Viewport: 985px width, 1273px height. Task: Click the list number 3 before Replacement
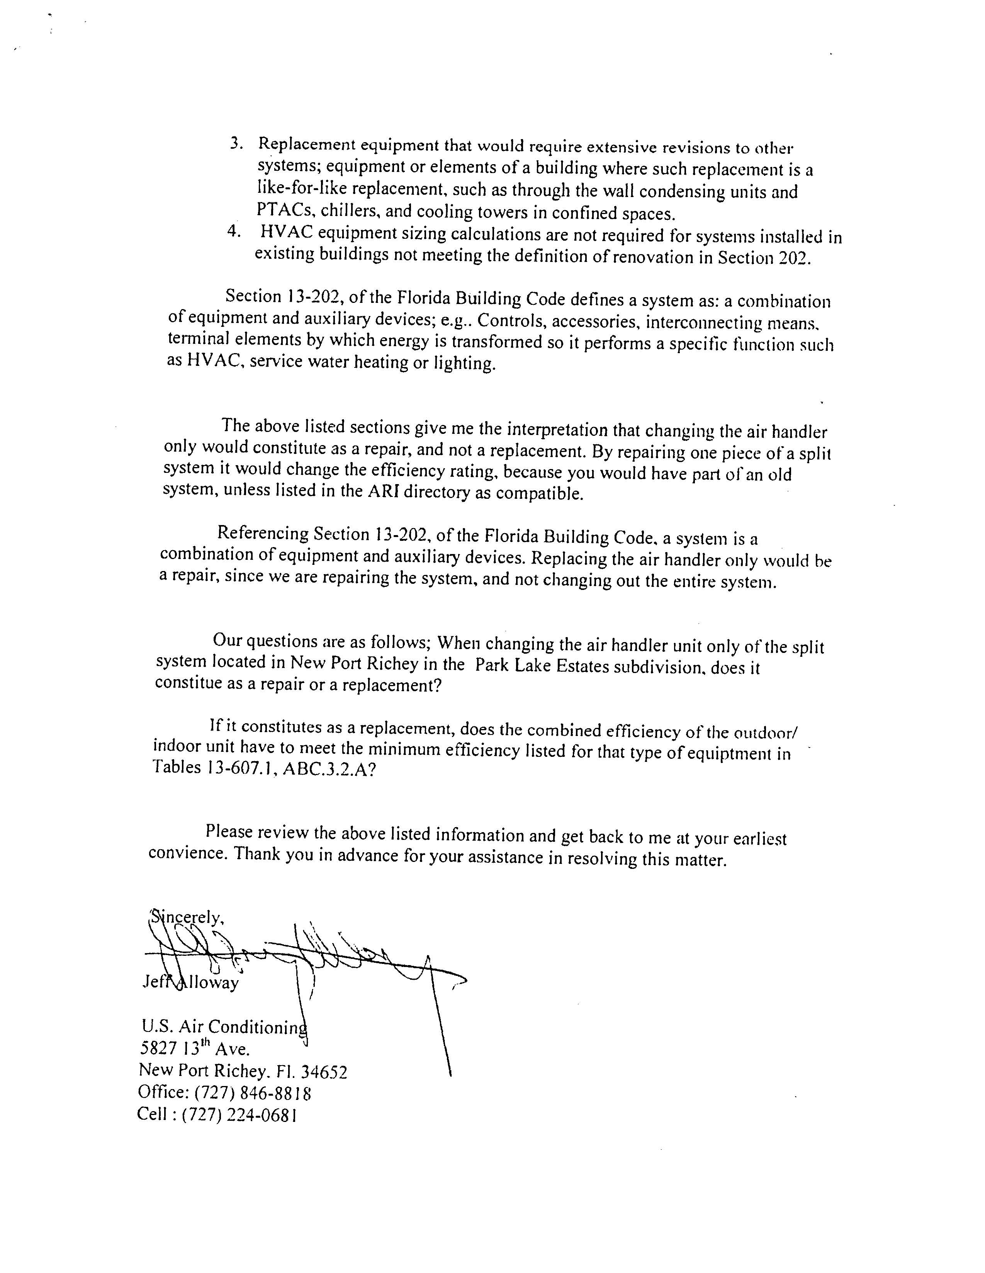pos(236,143)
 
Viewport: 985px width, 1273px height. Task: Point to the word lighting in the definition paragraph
pos(465,364)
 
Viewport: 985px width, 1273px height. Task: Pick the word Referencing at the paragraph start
pos(262,533)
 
